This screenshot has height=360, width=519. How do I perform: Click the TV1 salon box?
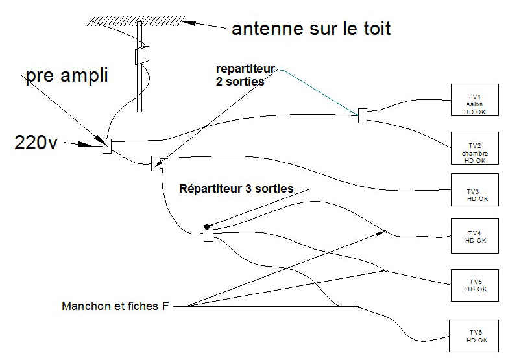click(x=475, y=100)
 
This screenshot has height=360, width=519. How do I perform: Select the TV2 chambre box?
click(x=475, y=149)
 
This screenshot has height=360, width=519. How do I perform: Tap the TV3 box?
click(x=475, y=189)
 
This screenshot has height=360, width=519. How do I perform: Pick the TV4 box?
click(x=475, y=235)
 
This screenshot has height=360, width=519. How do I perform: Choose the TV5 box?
click(x=475, y=285)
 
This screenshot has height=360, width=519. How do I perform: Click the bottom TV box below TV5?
click(x=474, y=336)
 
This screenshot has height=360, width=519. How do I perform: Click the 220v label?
click(x=36, y=143)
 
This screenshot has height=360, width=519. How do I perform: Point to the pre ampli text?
click(x=67, y=75)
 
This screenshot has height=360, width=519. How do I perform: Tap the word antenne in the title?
click(x=268, y=29)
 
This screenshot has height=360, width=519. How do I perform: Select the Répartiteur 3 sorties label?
click(x=236, y=189)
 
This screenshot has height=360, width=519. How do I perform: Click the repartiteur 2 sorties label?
click(x=245, y=75)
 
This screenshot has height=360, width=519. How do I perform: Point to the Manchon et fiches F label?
click(x=115, y=306)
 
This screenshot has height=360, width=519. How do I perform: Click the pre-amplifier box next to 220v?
click(x=107, y=146)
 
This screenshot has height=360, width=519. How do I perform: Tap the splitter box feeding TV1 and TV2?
click(x=363, y=116)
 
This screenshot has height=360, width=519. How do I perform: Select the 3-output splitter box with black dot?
click(x=208, y=234)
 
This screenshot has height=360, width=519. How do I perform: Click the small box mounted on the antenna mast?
click(x=142, y=55)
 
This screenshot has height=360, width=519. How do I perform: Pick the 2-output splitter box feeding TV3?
click(x=156, y=163)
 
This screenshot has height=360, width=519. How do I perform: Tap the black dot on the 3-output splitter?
click(x=207, y=227)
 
